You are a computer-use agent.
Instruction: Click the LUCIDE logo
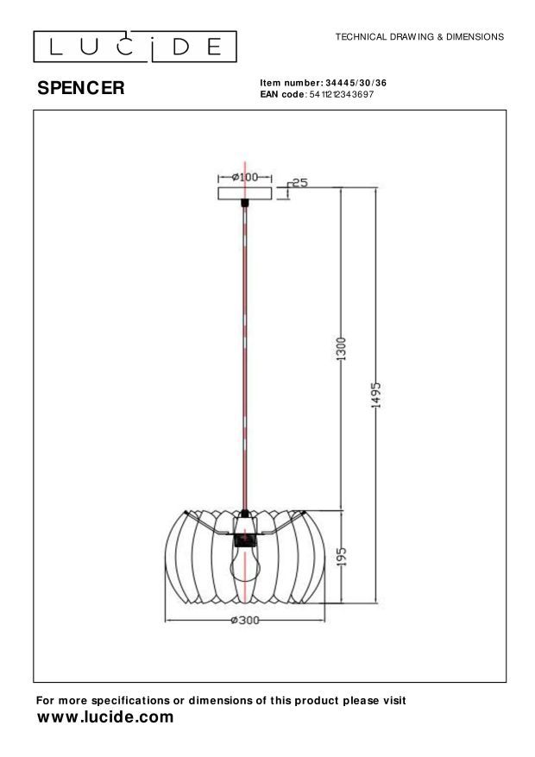pyautogui.click(x=135, y=46)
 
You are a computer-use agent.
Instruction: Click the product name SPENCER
pyautogui.click(x=80, y=88)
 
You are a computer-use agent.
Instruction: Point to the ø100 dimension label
pyautogui.click(x=245, y=177)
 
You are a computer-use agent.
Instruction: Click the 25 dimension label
pyautogui.click(x=300, y=183)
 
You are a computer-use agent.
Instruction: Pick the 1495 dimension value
pyautogui.click(x=376, y=396)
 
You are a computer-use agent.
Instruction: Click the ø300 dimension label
pyautogui.click(x=245, y=621)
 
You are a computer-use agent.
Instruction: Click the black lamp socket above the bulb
pyautogui.click(x=246, y=541)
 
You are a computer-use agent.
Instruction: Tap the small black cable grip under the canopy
pyautogui.click(x=245, y=204)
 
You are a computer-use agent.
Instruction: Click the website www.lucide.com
pyautogui.click(x=105, y=717)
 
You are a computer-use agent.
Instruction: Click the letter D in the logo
pyautogui.click(x=182, y=46)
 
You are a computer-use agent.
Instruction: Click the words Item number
pyautogui.click(x=291, y=83)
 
